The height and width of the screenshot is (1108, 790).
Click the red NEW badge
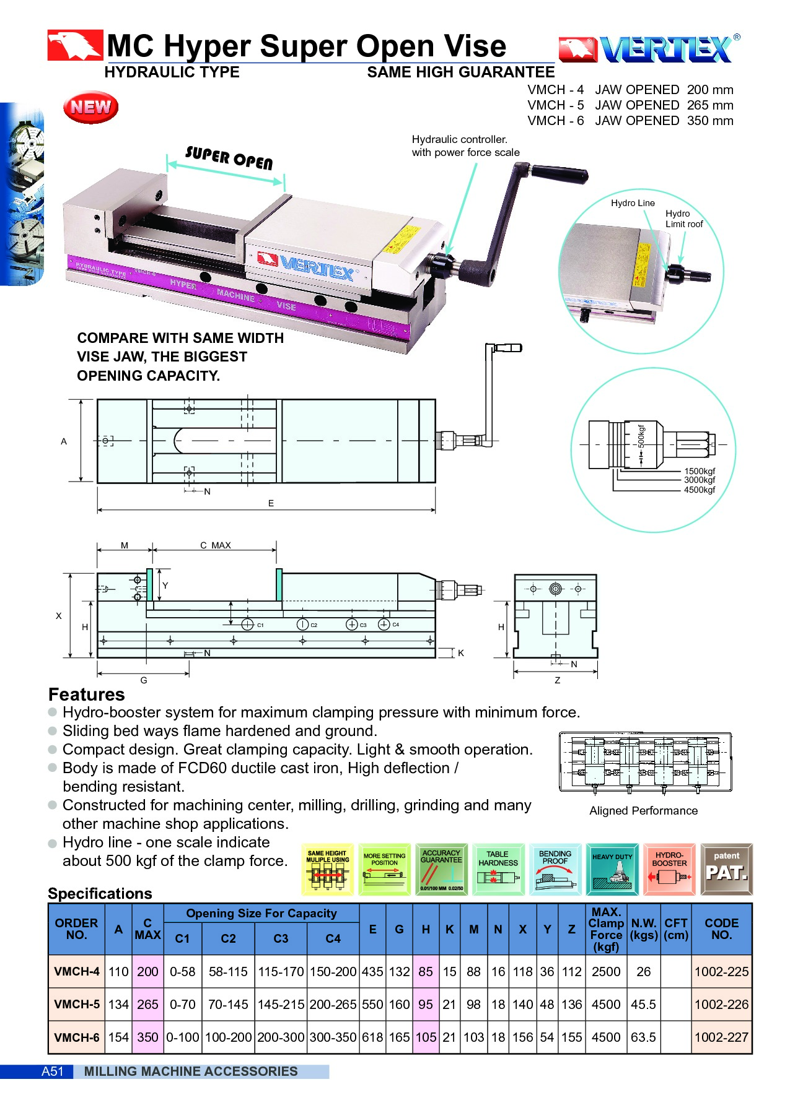(x=90, y=107)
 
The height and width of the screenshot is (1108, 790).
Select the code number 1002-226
(x=721, y=1004)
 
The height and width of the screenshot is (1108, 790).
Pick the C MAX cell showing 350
(x=147, y=1037)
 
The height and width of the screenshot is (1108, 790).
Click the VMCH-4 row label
(x=77, y=971)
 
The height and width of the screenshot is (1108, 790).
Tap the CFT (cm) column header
(x=675, y=928)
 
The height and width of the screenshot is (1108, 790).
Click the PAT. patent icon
(x=726, y=869)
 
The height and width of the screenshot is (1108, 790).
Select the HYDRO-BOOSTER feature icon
(x=669, y=869)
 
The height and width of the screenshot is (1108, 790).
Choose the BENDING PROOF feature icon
(x=555, y=869)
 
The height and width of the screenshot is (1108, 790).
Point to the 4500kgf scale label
(x=700, y=490)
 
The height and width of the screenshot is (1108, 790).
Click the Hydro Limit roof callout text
(x=684, y=219)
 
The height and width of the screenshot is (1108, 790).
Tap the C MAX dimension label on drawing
(x=215, y=545)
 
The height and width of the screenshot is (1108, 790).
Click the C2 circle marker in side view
(x=302, y=624)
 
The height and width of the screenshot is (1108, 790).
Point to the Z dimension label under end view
(x=557, y=680)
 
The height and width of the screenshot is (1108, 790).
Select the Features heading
(x=87, y=694)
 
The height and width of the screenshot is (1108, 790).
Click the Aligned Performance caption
(x=643, y=810)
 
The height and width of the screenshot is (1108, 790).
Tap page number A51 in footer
(x=53, y=1071)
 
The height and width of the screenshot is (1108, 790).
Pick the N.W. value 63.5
(x=643, y=1037)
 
